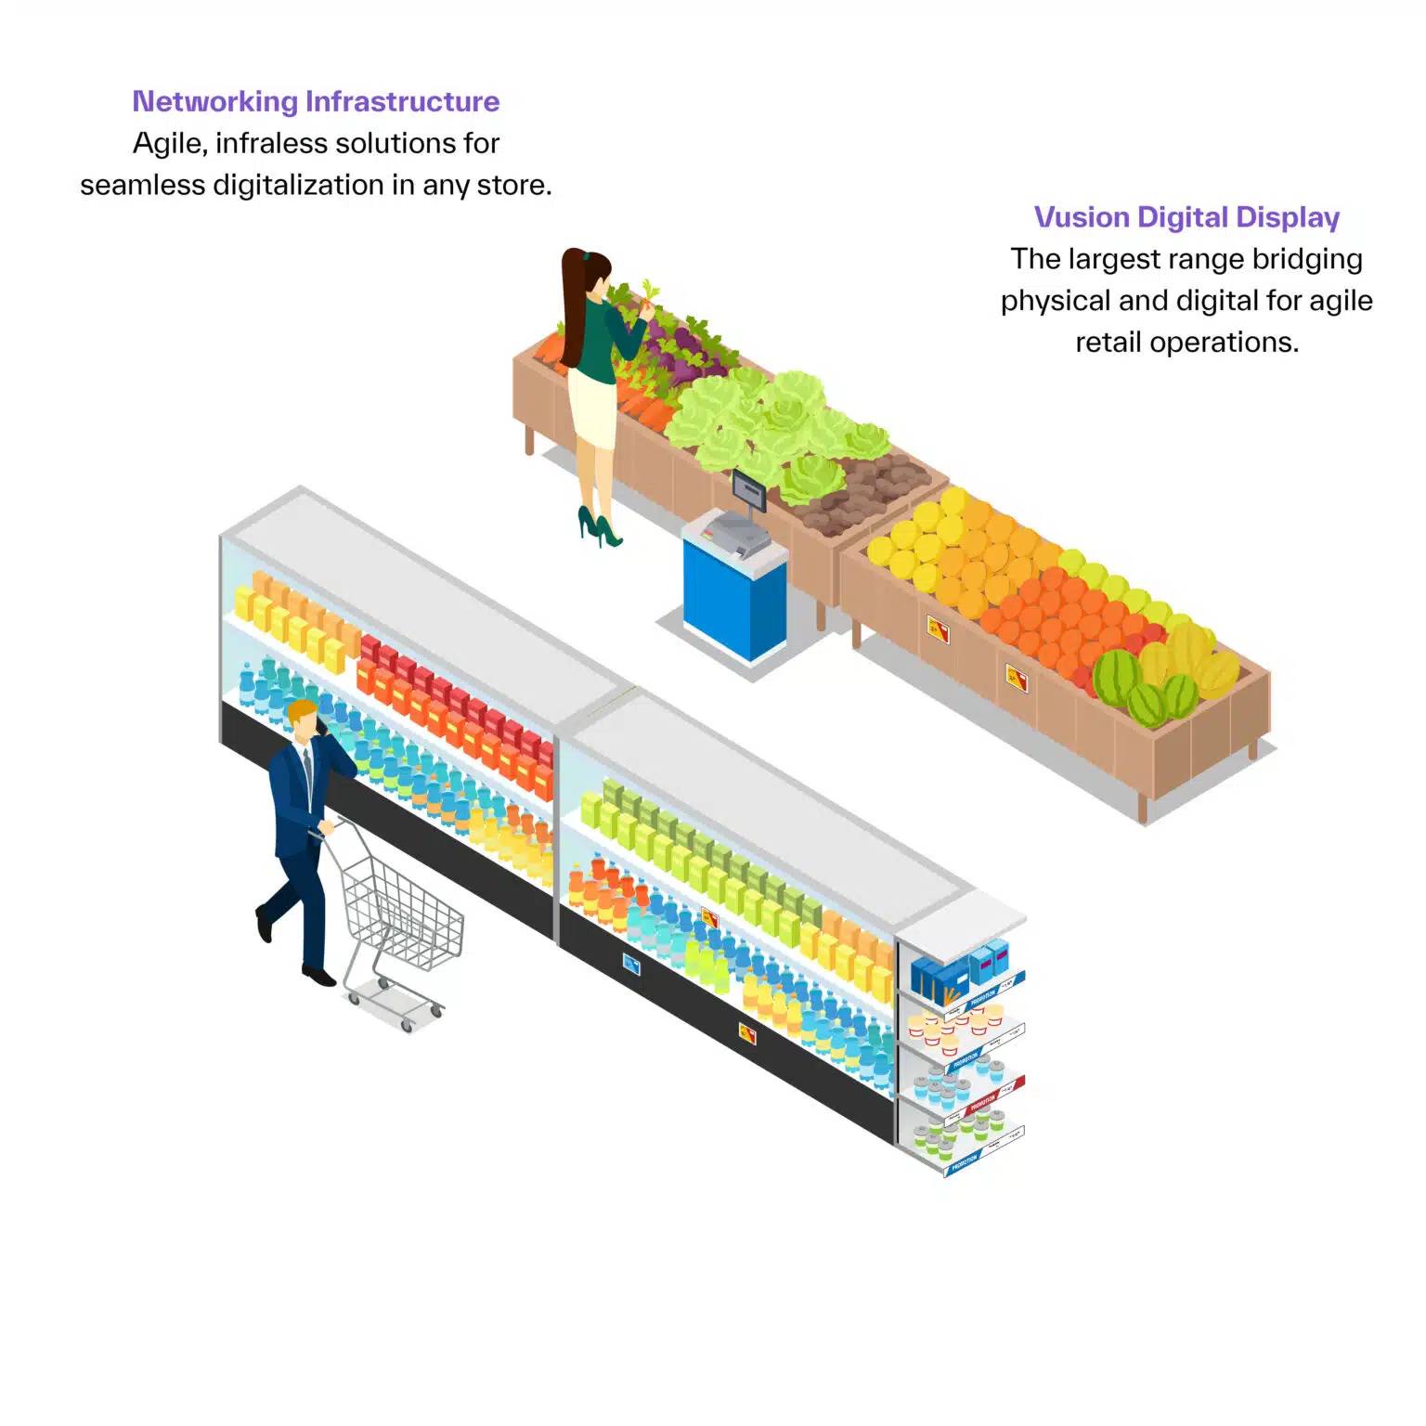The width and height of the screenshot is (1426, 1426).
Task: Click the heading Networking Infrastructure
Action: pos(316,101)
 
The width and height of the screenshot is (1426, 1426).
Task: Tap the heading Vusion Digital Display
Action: pos(1186,217)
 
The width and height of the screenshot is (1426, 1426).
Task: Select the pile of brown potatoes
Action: pos(863,492)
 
